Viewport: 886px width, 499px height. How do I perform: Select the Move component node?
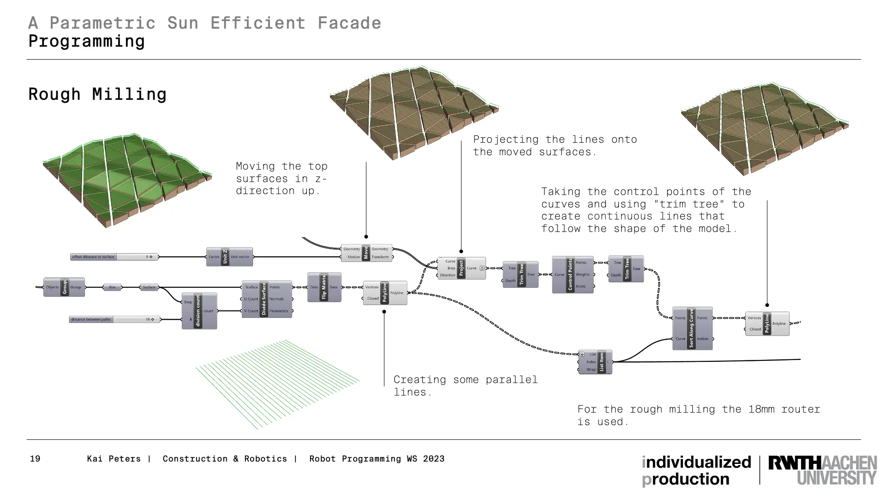366,253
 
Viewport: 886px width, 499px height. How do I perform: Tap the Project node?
461,268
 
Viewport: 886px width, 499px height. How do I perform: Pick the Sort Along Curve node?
692,328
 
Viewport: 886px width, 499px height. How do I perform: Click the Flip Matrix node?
324,287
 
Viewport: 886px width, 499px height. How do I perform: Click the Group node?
64,287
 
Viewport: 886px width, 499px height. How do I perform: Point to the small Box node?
112,287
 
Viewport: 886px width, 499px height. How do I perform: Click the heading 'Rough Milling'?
97,94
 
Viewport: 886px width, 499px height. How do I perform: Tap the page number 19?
35,459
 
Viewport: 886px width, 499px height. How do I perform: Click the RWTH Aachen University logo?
822,470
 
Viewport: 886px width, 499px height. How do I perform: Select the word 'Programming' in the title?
87,41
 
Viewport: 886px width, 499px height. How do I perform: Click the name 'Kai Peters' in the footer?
114,459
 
